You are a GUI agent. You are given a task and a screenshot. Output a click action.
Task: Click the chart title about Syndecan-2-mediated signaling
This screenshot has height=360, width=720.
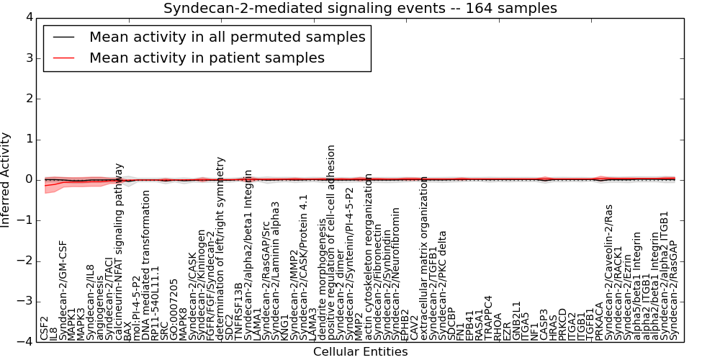click(x=360, y=9)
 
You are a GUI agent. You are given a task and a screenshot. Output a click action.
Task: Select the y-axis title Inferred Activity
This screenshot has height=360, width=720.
click(x=6, y=180)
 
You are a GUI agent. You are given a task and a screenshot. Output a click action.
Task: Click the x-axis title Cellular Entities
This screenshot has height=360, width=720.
click(x=360, y=352)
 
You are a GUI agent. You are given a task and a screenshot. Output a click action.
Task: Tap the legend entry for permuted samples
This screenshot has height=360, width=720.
click(x=227, y=37)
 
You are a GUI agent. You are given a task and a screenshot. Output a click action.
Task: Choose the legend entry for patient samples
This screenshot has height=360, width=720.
click(x=207, y=58)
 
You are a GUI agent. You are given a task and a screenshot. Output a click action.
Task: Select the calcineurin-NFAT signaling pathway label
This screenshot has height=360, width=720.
click(x=120, y=251)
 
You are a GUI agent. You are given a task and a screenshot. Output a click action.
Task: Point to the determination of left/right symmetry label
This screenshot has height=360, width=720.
click(x=220, y=248)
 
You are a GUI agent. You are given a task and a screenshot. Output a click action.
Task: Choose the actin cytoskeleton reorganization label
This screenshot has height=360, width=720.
click(x=369, y=256)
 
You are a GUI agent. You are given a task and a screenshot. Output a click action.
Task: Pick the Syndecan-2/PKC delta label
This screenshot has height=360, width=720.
click(x=443, y=285)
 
